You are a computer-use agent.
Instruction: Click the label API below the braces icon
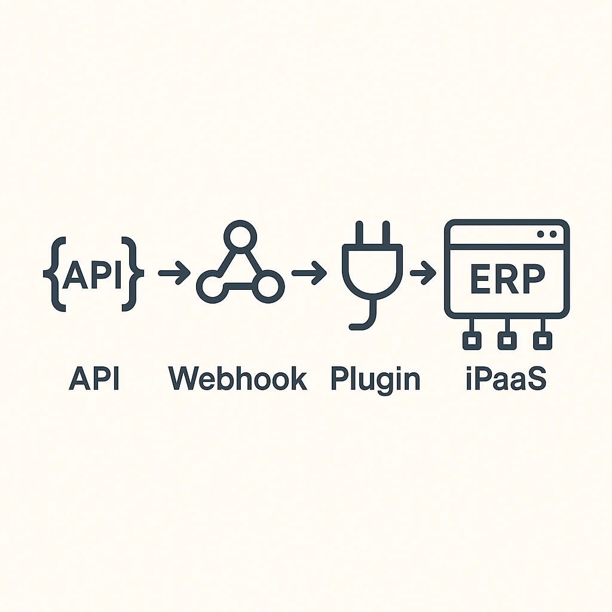[94, 378]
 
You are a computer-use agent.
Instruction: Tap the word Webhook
[238, 378]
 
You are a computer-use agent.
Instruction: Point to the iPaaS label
[506, 378]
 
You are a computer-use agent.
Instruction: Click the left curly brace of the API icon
[54, 274]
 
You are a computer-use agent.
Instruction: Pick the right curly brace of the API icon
[133, 274]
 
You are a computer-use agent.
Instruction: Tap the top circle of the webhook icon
[240, 237]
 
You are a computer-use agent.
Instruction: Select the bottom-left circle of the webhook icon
[213, 287]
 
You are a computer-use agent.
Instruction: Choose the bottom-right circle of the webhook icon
[268, 287]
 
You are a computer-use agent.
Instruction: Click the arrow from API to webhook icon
[174, 273]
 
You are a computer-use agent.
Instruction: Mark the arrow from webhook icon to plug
[310, 273]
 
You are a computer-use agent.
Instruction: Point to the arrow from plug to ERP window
[423, 273]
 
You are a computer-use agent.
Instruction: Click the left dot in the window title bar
[540, 234]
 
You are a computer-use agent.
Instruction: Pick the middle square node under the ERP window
[507, 340]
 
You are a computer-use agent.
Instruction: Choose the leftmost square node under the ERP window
[472, 340]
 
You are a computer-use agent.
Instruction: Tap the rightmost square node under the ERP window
[543, 340]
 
